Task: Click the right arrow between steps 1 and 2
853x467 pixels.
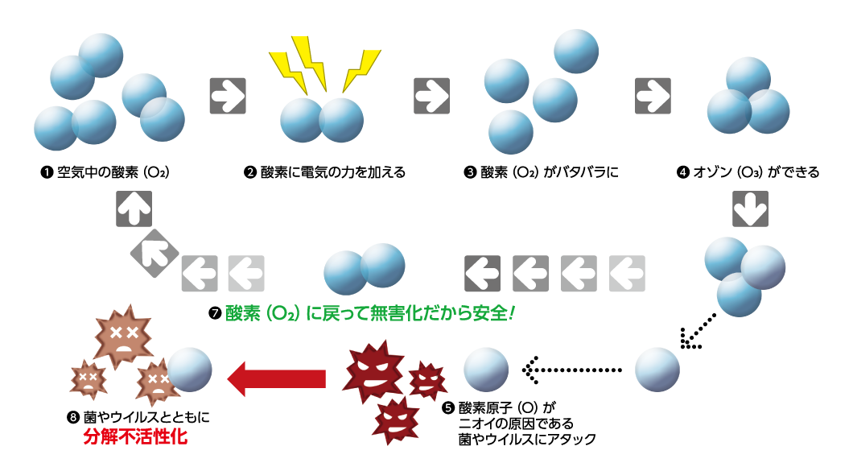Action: [227, 96]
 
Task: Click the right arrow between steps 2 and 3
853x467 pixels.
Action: [432, 96]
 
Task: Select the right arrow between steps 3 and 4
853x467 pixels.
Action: [653, 96]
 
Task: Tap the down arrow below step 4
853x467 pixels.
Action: [750, 209]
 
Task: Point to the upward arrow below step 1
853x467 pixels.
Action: [134, 209]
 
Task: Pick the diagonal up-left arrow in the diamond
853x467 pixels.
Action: [154, 251]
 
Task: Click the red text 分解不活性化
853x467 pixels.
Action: [135, 440]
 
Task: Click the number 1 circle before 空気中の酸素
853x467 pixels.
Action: [47, 173]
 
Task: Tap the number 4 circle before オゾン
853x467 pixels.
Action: [684, 173]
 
